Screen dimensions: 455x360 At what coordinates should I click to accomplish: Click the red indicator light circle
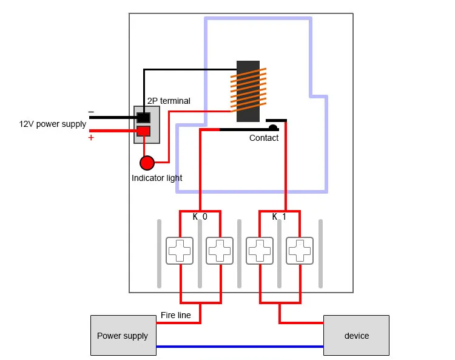[147, 163]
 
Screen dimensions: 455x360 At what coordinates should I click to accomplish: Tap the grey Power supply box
[123, 335]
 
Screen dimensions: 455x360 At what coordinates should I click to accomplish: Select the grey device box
[356, 335]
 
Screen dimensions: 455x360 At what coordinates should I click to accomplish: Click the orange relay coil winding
[248, 90]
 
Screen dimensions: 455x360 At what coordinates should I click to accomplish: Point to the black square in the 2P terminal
[143, 118]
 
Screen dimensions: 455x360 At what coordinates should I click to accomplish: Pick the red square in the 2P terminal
[143, 131]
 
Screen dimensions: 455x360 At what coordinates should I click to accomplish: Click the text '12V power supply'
[53, 124]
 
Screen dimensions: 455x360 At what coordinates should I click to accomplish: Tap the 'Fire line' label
[176, 315]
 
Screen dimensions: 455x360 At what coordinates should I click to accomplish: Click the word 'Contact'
[264, 138]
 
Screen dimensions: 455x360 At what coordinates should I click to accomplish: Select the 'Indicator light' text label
[157, 178]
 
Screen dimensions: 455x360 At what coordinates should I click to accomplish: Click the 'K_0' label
[200, 217]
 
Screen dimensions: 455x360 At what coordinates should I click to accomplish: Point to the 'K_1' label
[279, 217]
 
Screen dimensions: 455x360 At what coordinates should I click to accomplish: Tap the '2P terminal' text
[169, 101]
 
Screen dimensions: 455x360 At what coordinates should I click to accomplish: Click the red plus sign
[91, 137]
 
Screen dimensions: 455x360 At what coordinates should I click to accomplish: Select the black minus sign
[91, 112]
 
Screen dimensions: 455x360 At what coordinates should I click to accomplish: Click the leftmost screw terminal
[180, 251]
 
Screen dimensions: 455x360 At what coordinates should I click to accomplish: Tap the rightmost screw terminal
[300, 251]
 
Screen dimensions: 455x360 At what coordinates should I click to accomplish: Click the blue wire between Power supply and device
[240, 347]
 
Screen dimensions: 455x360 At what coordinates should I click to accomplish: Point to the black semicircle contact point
[273, 127]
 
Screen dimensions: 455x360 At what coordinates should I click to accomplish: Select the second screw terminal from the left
[220, 251]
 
